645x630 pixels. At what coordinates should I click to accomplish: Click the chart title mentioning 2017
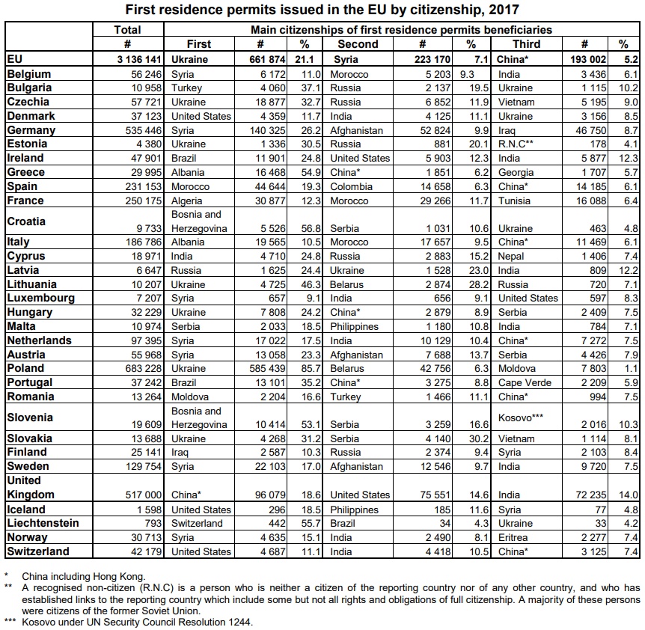[x=322, y=10]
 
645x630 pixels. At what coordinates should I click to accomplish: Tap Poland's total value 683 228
[x=142, y=369]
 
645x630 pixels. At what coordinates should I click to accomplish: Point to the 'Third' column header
[x=526, y=44]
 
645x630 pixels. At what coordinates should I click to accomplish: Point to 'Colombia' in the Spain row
[x=352, y=186]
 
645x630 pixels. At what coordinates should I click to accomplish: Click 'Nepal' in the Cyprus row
[x=512, y=257]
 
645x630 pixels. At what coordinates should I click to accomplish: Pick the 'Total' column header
[x=127, y=30]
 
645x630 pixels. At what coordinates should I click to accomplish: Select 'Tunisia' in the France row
[x=515, y=201]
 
